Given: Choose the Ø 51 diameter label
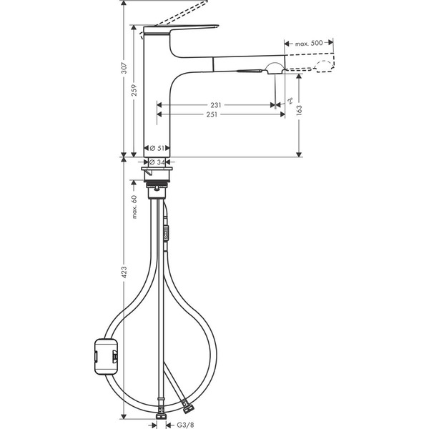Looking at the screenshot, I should pos(158,148).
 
